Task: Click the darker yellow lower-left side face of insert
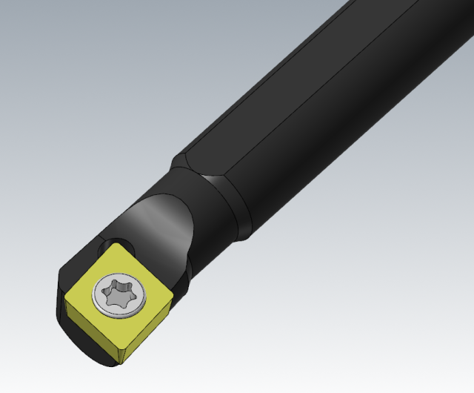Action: click(85, 329)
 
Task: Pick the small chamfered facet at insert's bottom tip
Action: click(114, 358)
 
